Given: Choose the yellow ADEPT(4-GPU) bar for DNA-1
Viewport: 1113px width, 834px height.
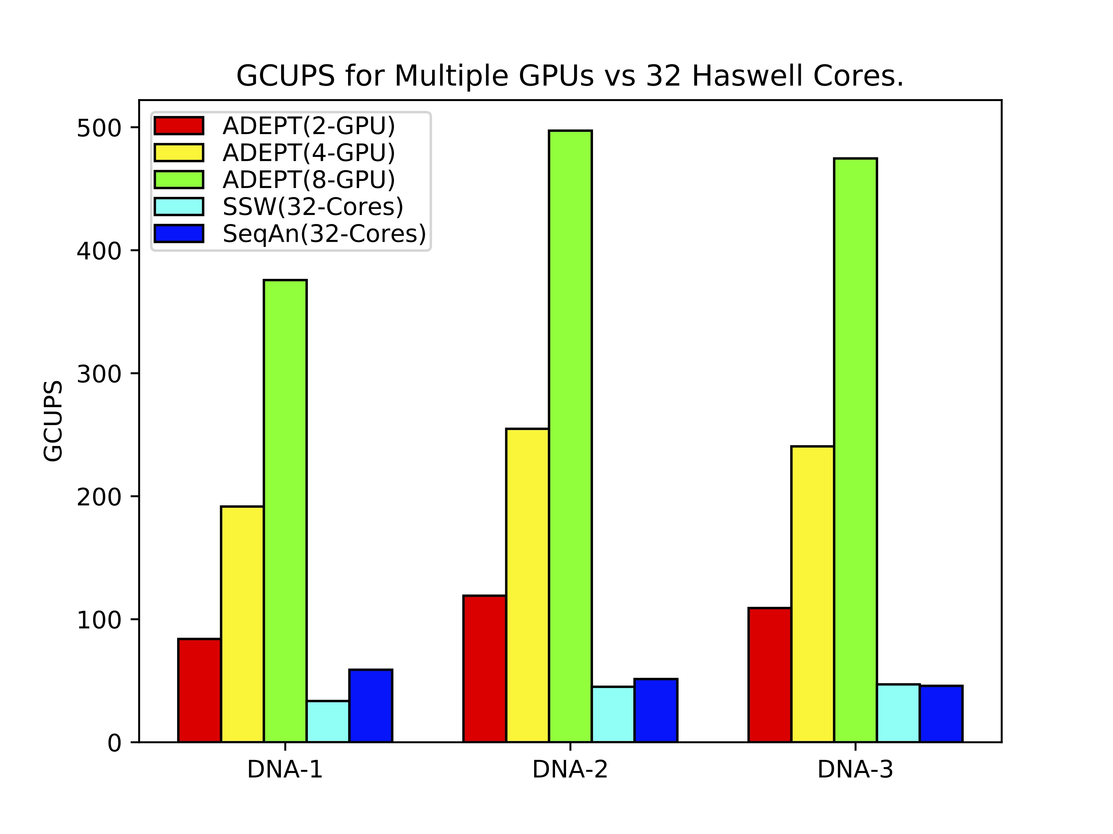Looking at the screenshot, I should [242, 624].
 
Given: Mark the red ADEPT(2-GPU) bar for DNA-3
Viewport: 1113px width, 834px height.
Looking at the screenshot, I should [769, 675].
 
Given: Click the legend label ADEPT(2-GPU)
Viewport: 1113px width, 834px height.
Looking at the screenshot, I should [308, 126].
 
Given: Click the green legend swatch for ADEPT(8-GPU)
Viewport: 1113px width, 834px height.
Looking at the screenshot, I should [179, 180].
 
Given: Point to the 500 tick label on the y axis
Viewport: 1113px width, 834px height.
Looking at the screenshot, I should [99, 128].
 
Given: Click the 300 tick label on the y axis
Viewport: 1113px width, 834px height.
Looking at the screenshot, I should [99, 374].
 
